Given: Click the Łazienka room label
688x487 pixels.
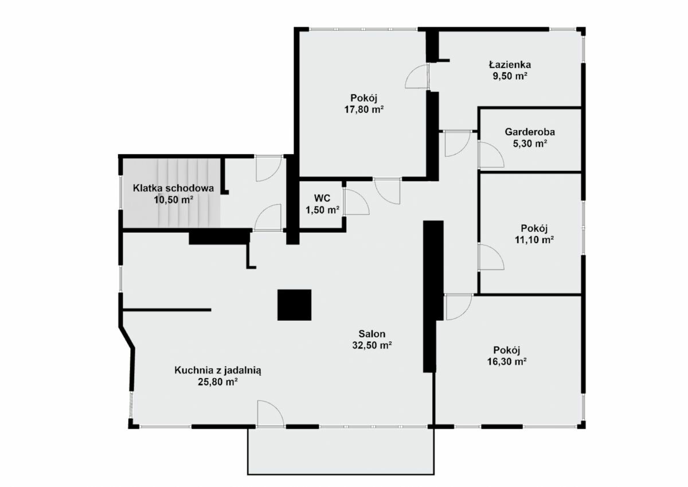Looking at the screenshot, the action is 510,64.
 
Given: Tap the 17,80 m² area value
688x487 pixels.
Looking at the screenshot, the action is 364,110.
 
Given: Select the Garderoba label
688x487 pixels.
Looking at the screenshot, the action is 530,132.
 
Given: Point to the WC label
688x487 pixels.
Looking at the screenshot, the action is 322,198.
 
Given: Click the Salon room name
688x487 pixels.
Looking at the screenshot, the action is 372,334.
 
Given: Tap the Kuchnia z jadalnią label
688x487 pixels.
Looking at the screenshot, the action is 218,371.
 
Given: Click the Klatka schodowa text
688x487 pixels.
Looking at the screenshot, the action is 173,188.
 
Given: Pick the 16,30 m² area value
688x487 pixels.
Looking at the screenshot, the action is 507,361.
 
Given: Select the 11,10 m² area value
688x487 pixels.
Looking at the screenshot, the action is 534,240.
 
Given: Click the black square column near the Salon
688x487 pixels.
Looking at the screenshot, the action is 294,305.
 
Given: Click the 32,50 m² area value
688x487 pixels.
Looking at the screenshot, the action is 372,345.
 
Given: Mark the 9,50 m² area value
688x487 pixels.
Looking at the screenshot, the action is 510,76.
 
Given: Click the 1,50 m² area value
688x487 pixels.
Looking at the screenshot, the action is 322,210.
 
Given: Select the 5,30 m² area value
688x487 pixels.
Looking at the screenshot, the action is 530,143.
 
